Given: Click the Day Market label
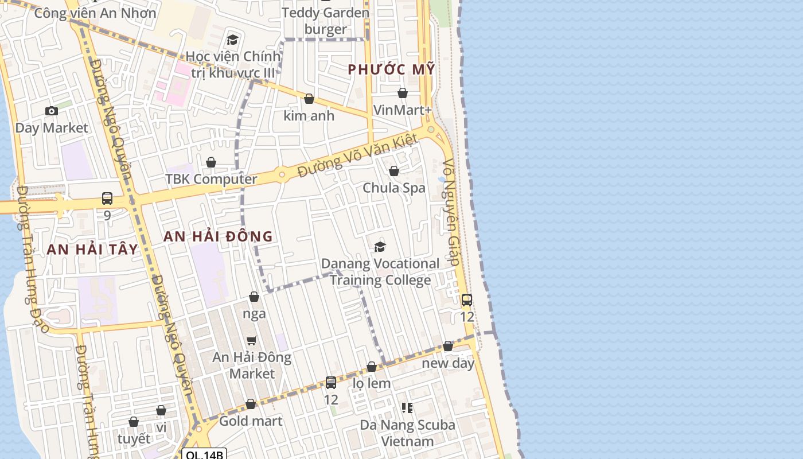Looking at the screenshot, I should coord(52,128).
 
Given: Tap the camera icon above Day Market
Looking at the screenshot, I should coord(52,111).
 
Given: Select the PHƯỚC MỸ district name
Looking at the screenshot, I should coord(392,70).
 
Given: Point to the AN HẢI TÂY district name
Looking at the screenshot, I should coord(92,249).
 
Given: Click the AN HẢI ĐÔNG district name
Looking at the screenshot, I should coord(218,236).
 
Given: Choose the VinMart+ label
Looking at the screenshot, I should coord(402,110).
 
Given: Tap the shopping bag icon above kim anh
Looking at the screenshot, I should coord(309,99).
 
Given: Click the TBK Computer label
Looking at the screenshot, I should coord(211,179).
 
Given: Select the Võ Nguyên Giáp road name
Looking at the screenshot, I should coord(451,212).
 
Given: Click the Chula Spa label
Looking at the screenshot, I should coord(394,188).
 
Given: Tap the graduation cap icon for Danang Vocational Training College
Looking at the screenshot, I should coord(380,247).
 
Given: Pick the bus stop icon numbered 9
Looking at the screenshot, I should coord(107,199).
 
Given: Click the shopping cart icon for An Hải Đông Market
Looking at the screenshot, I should coord(251,340).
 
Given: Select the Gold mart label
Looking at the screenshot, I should coord(251,421).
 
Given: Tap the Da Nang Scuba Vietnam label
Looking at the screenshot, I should coord(408,433).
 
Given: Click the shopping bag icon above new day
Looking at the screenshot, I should coord(448,346).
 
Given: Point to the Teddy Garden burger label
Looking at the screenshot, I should coord(325,21).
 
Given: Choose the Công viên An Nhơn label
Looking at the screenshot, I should coord(95,13).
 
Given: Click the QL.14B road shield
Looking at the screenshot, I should coord(205,454).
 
